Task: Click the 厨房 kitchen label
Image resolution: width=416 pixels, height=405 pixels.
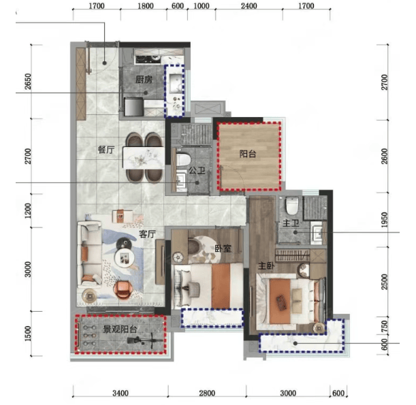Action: pyautogui.click(x=144, y=80)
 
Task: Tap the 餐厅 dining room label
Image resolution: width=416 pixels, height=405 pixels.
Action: pyautogui.click(x=106, y=150)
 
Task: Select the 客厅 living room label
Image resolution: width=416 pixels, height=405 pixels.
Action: pyautogui.click(x=148, y=234)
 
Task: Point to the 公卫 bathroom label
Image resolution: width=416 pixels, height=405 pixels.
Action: pyautogui.click(x=197, y=170)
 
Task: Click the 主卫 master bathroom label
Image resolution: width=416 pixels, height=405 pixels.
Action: pyautogui.click(x=291, y=223)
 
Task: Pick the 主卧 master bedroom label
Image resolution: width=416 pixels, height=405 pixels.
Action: pyautogui.click(x=266, y=265)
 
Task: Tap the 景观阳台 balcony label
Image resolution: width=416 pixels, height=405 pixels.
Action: pyautogui.click(x=120, y=329)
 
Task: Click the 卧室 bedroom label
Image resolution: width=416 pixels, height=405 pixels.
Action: pyautogui.click(x=223, y=248)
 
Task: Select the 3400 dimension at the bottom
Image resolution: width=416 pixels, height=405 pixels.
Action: pyautogui.click(x=121, y=393)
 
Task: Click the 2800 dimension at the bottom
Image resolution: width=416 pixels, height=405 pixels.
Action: pyautogui.click(x=207, y=393)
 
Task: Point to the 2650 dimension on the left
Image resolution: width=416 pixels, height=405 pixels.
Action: pyautogui.click(x=28, y=82)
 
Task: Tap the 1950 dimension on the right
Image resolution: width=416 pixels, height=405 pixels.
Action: pyautogui.click(x=384, y=219)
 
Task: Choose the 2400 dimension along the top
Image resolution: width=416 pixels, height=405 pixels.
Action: pyautogui.click(x=249, y=5)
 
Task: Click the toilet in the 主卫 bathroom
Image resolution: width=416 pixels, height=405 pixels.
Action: pyautogui.click(x=292, y=206)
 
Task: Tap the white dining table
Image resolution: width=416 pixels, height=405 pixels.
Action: pyautogui.click(x=144, y=158)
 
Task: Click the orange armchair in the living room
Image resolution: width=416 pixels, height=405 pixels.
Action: pyautogui.click(x=123, y=290)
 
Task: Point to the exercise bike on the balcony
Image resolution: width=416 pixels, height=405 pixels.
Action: pyautogui.click(x=145, y=341)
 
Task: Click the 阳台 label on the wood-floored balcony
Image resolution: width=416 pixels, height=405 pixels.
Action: pyautogui.click(x=248, y=154)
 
